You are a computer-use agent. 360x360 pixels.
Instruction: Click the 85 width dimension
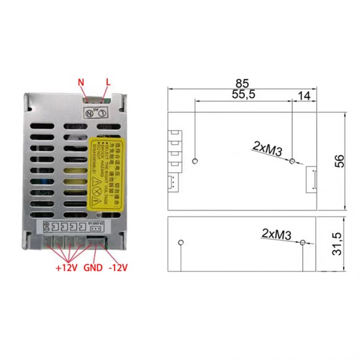(x=243, y=83)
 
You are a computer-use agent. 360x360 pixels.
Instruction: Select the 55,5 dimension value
(x=243, y=95)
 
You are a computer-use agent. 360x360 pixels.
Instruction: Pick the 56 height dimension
(x=338, y=160)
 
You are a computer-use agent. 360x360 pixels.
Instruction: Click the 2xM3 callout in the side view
(x=276, y=234)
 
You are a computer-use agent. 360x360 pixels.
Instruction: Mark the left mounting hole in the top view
(x=196, y=160)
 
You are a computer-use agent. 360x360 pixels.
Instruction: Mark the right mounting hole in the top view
(x=292, y=160)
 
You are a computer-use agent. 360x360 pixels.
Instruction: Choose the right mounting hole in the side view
(x=302, y=243)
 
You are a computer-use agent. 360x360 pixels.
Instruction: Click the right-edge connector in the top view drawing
(x=311, y=177)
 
